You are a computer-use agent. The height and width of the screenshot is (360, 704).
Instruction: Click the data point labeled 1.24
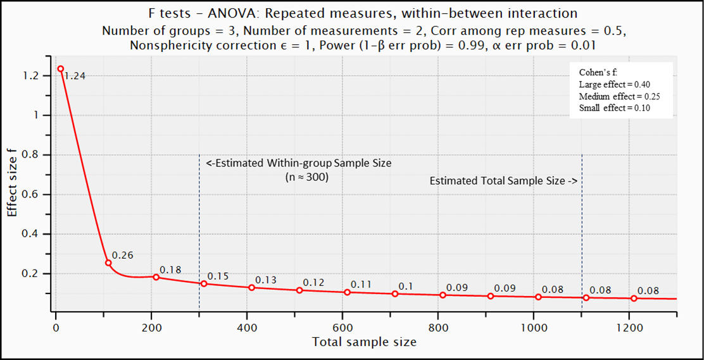61,69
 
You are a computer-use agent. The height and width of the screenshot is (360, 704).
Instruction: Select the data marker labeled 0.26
108,263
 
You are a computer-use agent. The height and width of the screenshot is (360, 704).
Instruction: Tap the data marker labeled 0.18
156,277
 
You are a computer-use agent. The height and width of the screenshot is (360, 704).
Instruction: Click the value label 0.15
218,276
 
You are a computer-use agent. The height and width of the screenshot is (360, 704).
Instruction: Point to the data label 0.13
266,280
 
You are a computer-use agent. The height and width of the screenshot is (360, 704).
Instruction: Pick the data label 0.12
313,282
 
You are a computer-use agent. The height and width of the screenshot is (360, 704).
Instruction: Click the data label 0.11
361,284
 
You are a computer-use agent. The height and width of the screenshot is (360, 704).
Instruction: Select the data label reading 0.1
405,286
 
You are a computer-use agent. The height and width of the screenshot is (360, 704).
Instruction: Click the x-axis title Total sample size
364,342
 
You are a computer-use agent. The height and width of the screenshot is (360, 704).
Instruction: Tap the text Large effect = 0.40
614,84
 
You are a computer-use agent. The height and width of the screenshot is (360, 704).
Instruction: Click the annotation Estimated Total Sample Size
503,181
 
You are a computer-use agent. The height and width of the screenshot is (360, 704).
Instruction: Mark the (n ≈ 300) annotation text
307,178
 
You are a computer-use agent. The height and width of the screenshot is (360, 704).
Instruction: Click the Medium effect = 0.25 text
619,96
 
